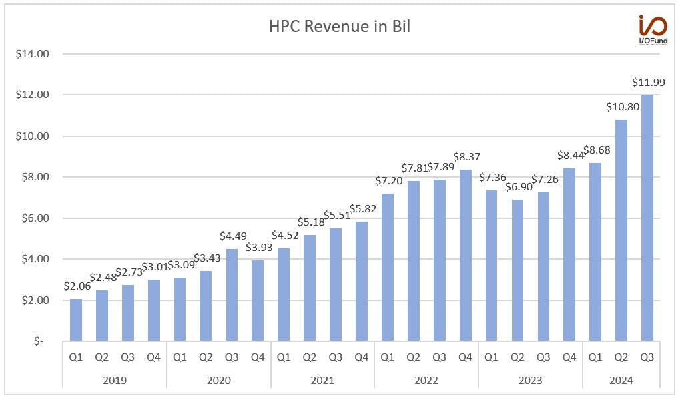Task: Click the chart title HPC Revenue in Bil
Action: pyautogui.click(x=340, y=27)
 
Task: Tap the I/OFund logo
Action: pyautogui.click(x=653, y=29)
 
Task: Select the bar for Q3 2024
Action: pyautogui.click(x=647, y=218)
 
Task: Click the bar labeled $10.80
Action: pyautogui.click(x=621, y=230)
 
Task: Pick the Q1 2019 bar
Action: pyautogui.click(x=75, y=320)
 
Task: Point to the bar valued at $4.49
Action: pyautogui.click(x=232, y=294)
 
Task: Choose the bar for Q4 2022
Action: pyautogui.click(x=465, y=255)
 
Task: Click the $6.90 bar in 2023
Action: pyautogui.click(x=517, y=270)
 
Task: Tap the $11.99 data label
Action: pyautogui.click(x=648, y=82)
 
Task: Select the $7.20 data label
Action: pyautogui.click(x=389, y=180)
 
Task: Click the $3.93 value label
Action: pyautogui.click(x=259, y=248)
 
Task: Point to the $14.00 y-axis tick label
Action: pyautogui.click(x=33, y=53)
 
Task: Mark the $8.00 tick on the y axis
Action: pyautogui.click(x=35, y=176)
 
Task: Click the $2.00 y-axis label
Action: pyautogui.click(x=35, y=300)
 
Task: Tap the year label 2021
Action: pyautogui.click(x=322, y=380)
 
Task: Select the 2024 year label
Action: pyautogui.click(x=621, y=380)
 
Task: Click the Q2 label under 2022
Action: pyautogui.click(x=413, y=357)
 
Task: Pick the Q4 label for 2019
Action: pyautogui.click(x=153, y=357)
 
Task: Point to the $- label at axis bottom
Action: pyautogui.click(x=39, y=341)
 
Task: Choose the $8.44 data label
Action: pyautogui.click(x=571, y=155)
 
